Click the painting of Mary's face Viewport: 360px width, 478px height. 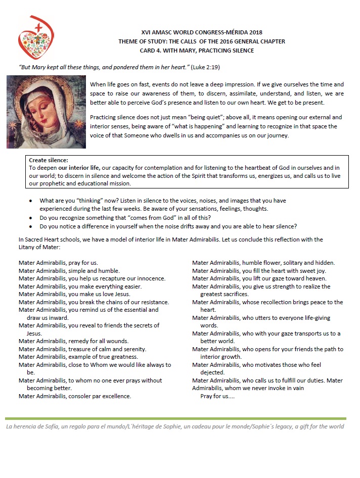tap(46, 112)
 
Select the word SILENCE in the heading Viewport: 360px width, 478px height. tap(241, 51)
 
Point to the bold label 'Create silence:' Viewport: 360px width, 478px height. tap(49, 160)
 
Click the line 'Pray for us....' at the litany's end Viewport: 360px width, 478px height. tap(217, 396)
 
